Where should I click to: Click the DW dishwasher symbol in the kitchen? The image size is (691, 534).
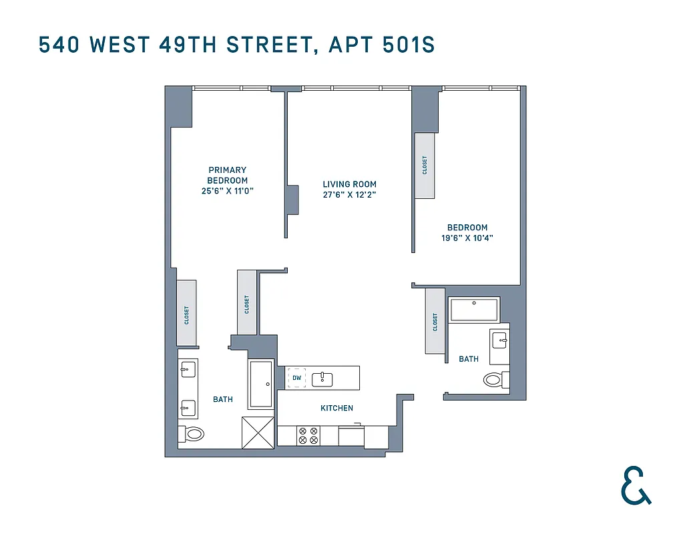(x=297, y=378)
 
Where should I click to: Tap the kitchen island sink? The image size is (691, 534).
(x=322, y=378)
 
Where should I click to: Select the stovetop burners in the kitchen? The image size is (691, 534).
(x=308, y=436)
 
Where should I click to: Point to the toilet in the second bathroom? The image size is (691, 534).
(x=494, y=380)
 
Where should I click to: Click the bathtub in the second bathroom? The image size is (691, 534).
(x=475, y=309)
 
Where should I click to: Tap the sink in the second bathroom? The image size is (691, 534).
(x=499, y=341)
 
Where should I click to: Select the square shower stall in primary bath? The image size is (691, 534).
(x=257, y=433)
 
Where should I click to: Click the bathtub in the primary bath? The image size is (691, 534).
(x=261, y=384)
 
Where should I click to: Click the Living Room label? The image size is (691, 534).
(x=349, y=184)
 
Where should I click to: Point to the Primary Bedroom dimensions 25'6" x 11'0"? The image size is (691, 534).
(x=227, y=191)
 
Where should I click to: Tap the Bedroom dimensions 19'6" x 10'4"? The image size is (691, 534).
(x=467, y=238)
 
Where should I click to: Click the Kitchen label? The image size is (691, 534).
(x=336, y=408)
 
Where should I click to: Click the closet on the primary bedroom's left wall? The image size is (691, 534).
(x=187, y=313)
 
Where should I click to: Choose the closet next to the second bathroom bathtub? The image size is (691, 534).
(x=435, y=322)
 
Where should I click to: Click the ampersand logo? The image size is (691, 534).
(x=635, y=485)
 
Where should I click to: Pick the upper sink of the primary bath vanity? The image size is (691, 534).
(x=187, y=368)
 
